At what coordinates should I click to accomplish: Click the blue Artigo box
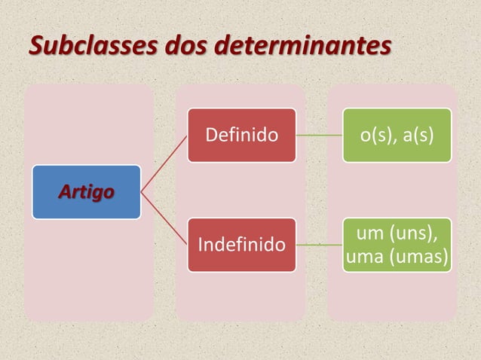point(86,192)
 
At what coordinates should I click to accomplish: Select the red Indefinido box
point(241,245)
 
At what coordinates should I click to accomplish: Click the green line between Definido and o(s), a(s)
point(319,136)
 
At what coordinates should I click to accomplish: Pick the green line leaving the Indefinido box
point(319,245)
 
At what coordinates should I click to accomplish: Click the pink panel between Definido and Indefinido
point(241,190)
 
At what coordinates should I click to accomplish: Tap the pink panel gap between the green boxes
point(397,190)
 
